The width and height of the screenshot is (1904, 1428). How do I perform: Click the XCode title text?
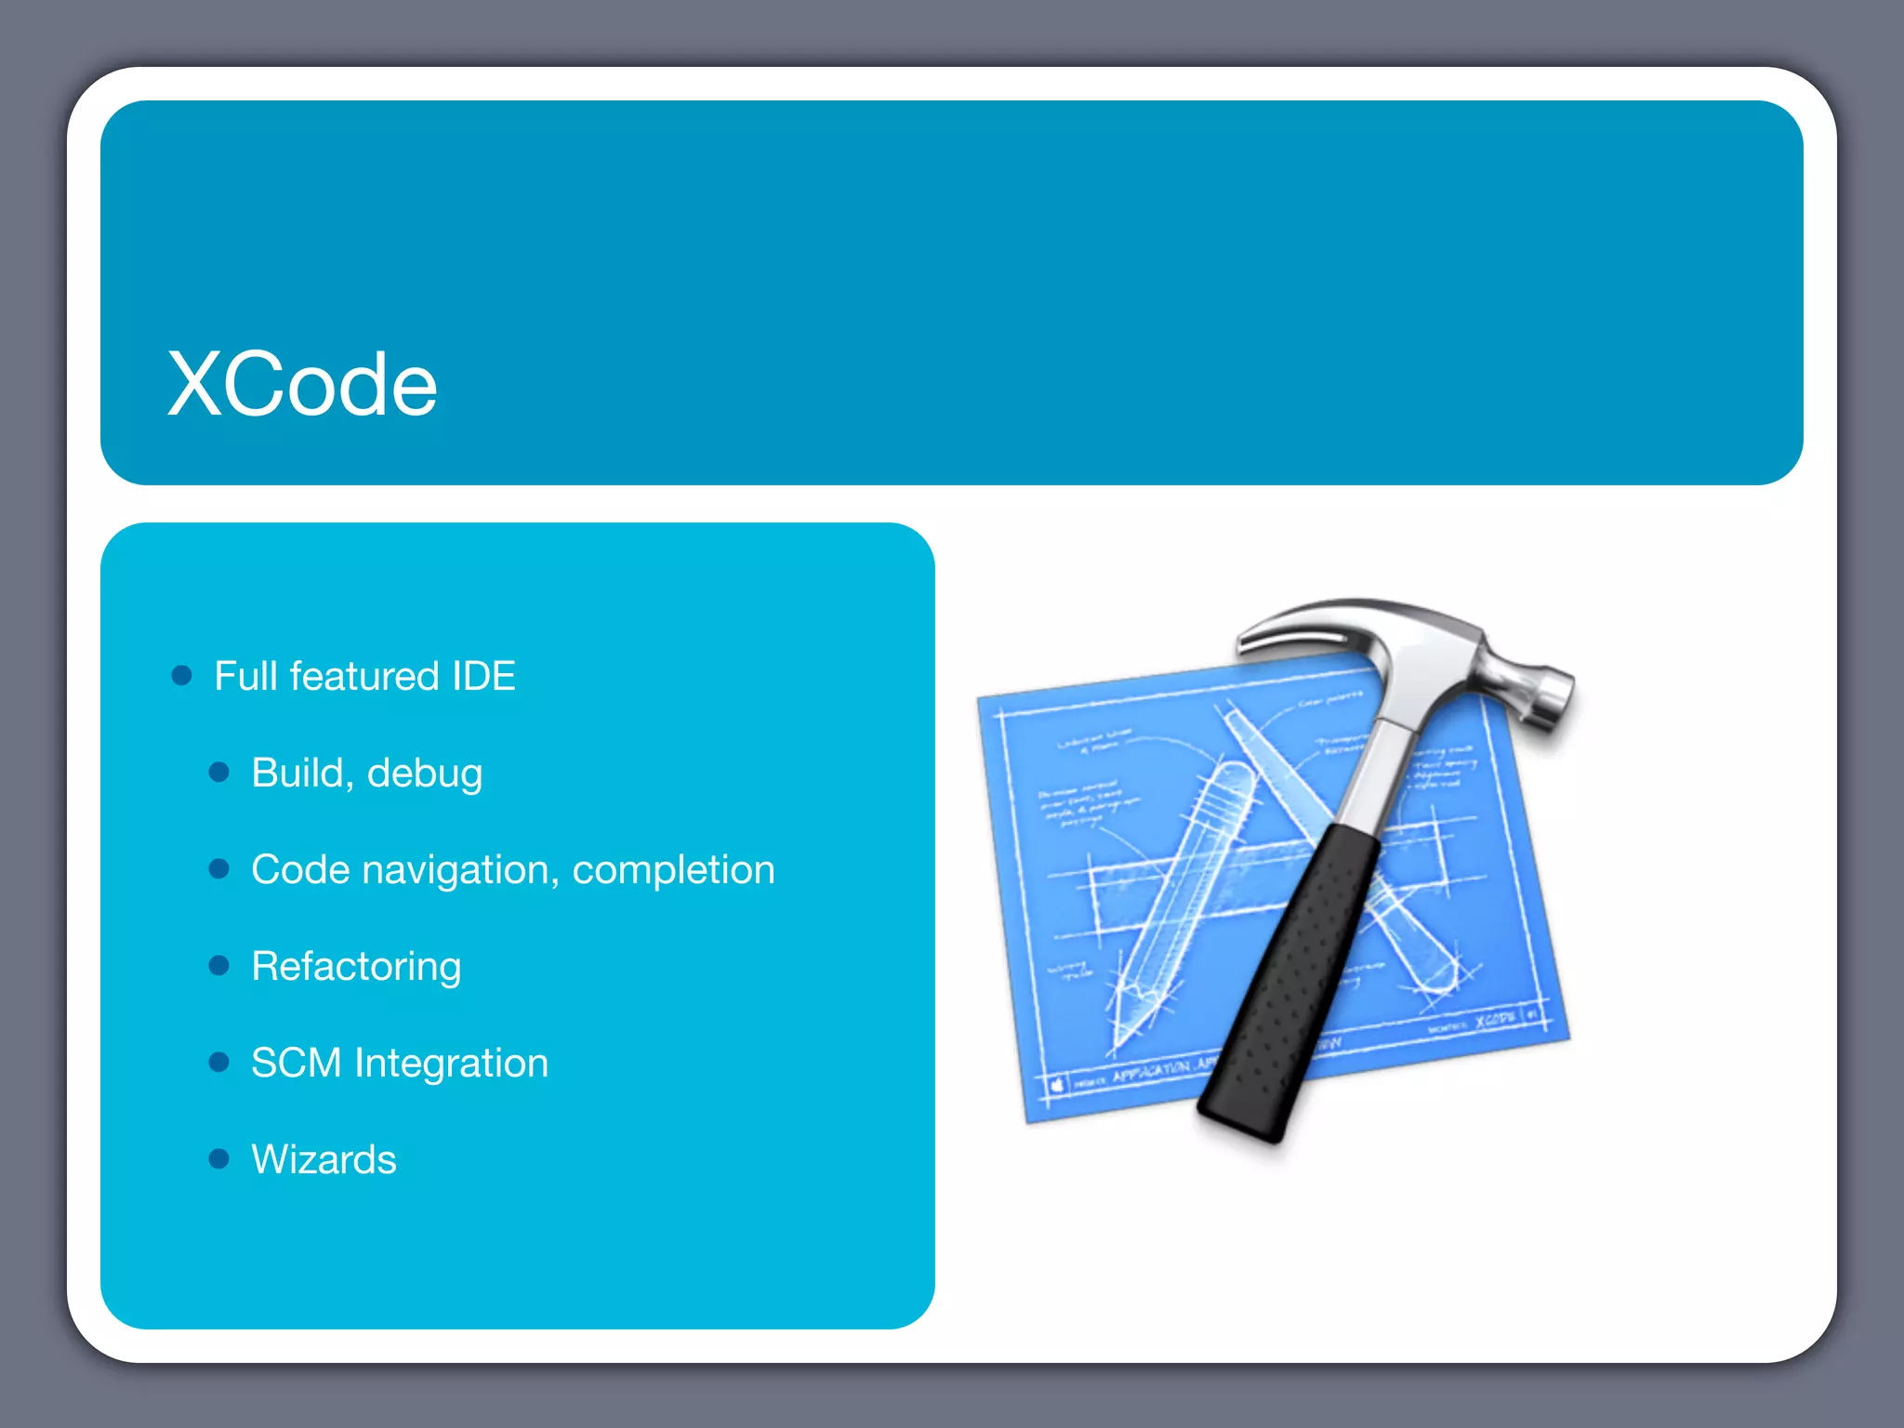pyautogui.click(x=302, y=384)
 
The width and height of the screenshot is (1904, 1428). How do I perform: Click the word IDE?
pyautogui.click(x=483, y=676)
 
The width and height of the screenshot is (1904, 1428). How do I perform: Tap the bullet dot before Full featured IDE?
pyautogui.click(x=182, y=676)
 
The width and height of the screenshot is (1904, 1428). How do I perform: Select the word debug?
pyautogui.click(x=425, y=774)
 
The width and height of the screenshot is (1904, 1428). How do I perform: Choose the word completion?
pyautogui.click(x=673, y=871)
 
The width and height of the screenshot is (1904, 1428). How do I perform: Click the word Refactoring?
pyautogui.click(x=356, y=967)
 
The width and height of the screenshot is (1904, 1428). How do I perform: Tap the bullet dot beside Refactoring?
pyautogui.click(x=219, y=966)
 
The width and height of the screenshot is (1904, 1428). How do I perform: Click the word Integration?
pyautogui.click(x=451, y=1064)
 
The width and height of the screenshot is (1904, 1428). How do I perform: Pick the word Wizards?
pyautogui.click(x=324, y=1159)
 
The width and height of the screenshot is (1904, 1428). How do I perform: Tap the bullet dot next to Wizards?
pyautogui.click(x=219, y=1158)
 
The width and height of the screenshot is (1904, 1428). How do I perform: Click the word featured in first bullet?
pyautogui.click(x=364, y=676)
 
